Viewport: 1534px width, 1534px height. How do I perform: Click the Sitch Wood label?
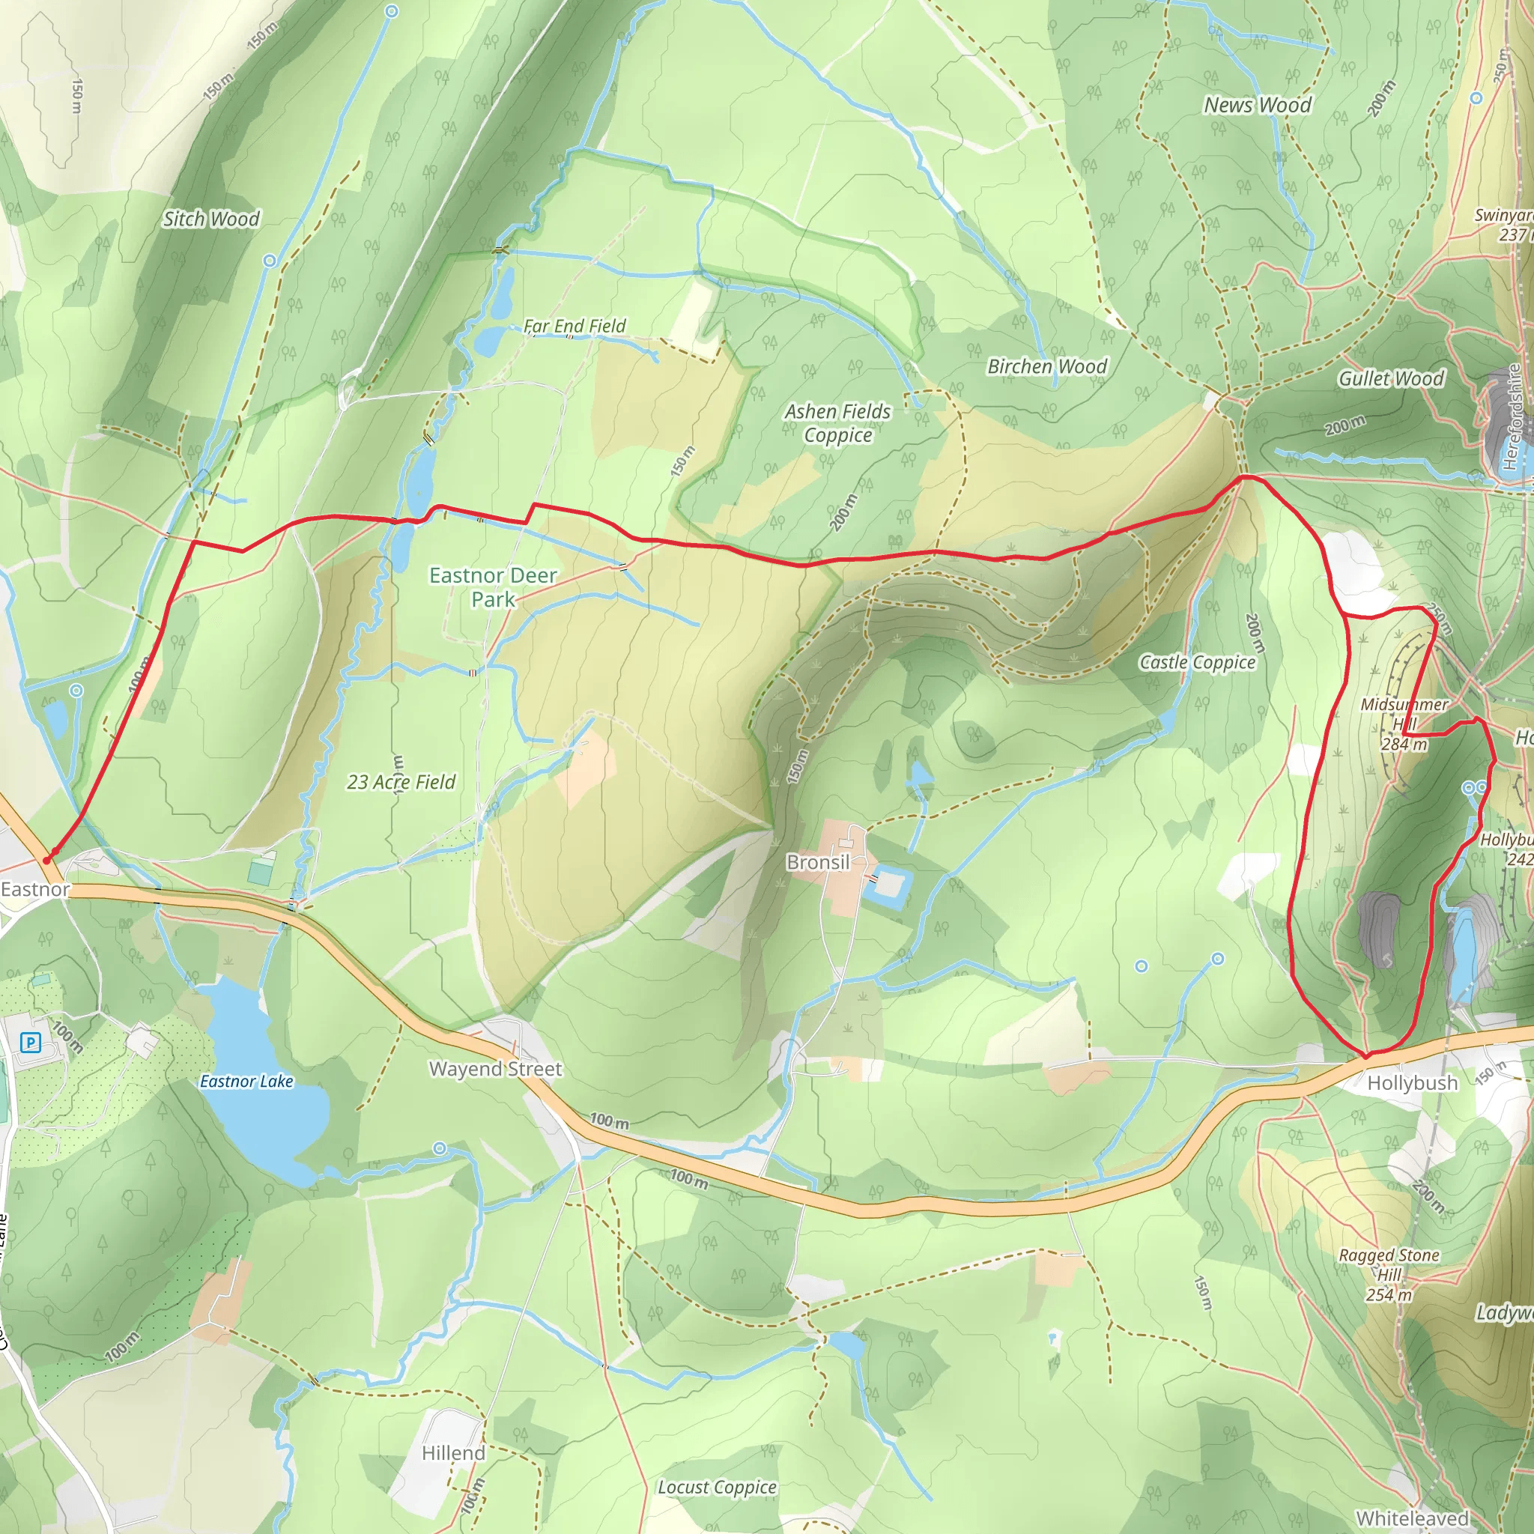pos(211,219)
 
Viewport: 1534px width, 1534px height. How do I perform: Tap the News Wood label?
pos(1257,105)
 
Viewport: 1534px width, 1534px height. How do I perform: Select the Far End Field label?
pos(574,326)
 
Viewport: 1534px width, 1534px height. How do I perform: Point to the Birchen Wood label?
pos(1046,366)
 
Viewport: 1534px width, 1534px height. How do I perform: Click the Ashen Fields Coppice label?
pos(837,423)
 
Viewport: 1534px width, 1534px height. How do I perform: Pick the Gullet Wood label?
pos(1391,379)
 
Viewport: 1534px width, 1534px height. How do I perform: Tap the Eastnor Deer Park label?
pos(493,586)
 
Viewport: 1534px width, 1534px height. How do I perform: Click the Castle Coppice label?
pos(1198,662)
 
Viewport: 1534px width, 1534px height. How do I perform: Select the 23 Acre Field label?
pos(401,782)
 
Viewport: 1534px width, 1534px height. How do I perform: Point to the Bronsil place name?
pos(818,862)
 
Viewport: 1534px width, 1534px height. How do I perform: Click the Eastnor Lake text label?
pos(246,1082)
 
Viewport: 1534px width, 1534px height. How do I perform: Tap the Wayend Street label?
pos(495,1069)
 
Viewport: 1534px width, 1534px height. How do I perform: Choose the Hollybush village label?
pos(1413,1083)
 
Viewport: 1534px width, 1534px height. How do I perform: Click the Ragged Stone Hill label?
pos(1389,1274)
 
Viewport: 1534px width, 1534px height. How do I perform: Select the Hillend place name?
pos(453,1453)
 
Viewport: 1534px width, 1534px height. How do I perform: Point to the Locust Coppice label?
pos(717,1487)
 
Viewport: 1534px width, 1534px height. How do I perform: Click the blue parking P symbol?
pos(30,1042)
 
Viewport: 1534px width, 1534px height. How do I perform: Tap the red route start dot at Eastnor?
pos(47,860)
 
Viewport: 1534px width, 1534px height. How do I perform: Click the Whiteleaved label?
pos(1412,1518)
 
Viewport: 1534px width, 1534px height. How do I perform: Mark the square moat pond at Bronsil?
pos(887,886)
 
